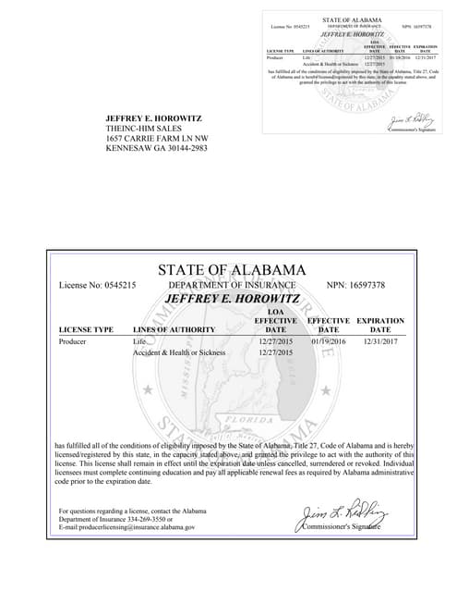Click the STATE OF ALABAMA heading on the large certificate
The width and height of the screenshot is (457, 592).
pyautogui.click(x=232, y=270)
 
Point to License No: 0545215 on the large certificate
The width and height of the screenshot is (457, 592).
pyautogui.click(x=98, y=285)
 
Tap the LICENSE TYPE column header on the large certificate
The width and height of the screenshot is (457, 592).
pyautogui.click(x=86, y=329)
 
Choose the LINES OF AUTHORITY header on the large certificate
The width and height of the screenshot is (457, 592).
pyautogui.click(x=174, y=329)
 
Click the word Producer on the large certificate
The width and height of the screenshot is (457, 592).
pyautogui.click(x=73, y=341)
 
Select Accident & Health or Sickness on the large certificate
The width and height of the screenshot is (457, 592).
pyautogui.click(x=179, y=352)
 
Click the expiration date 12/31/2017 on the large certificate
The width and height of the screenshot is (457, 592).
pyautogui.click(x=379, y=341)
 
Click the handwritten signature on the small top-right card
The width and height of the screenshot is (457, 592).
pyautogui.click(x=406, y=121)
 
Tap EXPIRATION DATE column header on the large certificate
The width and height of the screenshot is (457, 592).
pyautogui.click(x=380, y=325)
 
